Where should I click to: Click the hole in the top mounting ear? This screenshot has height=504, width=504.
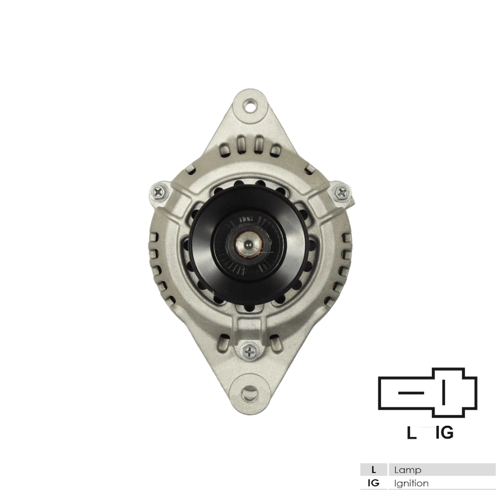point(249,106)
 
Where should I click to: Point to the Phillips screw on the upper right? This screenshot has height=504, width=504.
point(342,192)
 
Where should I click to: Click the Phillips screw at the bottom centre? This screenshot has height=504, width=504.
point(249,349)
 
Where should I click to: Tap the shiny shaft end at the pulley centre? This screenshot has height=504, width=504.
point(249,245)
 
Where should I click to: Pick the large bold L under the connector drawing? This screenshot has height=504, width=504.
point(412,432)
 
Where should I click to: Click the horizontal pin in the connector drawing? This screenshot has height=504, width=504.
point(408,392)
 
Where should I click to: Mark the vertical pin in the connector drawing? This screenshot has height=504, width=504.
point(444,392)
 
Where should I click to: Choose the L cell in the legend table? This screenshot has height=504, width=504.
point(373,470)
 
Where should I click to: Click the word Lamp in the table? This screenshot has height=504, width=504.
point(408,470)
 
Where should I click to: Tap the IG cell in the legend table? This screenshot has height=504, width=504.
point(373,483)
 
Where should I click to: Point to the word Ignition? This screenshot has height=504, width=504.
point(412,483)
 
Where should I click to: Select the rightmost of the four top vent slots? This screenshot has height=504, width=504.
point(276,150)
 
